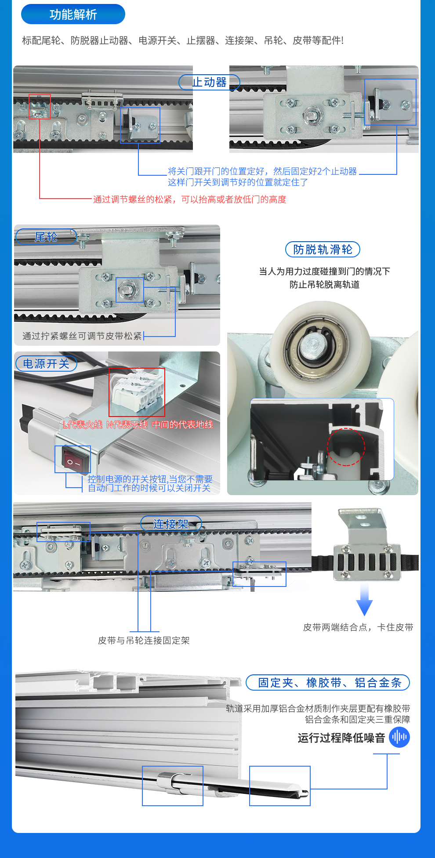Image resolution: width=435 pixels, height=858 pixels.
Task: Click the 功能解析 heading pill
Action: [73, 14]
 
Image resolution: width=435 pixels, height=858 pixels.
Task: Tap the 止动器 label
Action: [209, 82]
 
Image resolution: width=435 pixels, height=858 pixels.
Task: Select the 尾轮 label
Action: [46, 237]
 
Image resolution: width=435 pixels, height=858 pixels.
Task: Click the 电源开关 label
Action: [46, 364]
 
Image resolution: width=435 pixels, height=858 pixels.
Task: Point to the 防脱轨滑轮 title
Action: [323, 250]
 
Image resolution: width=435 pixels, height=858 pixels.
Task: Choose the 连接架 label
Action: [171, 524]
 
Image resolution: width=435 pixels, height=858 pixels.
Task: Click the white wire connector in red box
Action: [137, 391]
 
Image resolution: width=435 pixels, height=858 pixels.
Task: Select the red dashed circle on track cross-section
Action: [346, 447]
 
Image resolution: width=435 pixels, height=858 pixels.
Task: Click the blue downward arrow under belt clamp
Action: [364, 600]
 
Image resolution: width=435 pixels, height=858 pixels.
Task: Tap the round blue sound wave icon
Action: [399, 737]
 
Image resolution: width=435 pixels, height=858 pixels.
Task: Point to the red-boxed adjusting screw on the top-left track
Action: [40, 107]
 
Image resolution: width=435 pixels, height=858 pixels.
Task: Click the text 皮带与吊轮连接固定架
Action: [144, 641]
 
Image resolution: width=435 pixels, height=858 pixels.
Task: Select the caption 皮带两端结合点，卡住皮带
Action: [358, 627]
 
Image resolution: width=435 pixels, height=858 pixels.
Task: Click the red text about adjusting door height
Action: [189, 199]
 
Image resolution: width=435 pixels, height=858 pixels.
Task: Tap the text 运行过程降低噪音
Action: [341, 738]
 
